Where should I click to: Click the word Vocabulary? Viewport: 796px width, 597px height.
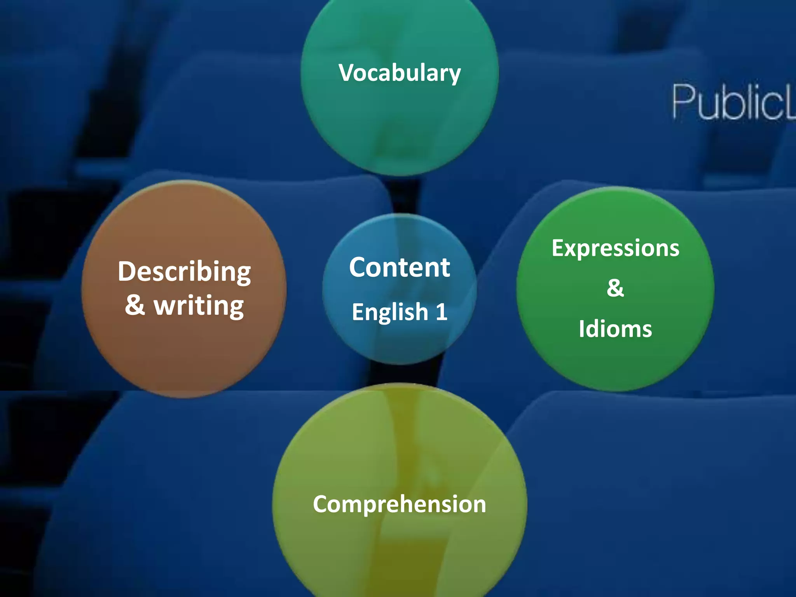tap(400, 73)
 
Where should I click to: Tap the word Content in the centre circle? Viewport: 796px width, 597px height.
tap(400, 267)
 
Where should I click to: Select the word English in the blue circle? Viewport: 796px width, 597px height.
tap(390, 312)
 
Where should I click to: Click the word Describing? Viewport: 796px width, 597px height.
tap(184, 272)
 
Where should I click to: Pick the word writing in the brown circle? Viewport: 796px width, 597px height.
tap(199, 306)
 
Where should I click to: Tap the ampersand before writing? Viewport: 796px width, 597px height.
tap(135, 305)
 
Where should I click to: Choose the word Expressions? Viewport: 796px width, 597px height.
tap(615, 249)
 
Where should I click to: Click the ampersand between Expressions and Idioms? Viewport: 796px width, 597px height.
tap(615, 288)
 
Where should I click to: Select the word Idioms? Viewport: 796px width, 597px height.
tap(615, 329)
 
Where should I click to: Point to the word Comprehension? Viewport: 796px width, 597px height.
tap(400, 504)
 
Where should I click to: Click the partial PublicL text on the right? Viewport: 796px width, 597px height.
tap(733, 102)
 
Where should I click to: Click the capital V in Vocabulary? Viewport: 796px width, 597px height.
tap(347, 73)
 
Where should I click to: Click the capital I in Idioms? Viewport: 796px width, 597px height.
tap(582, 329)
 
